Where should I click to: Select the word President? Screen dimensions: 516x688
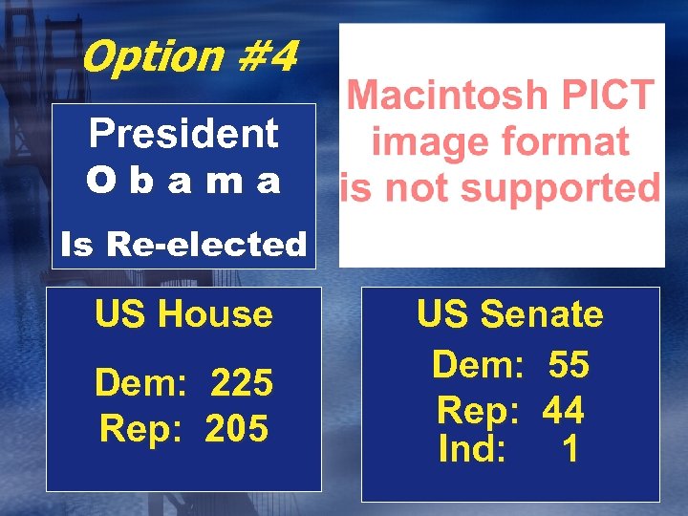[183, 134]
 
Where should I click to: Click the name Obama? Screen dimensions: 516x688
[183, 180]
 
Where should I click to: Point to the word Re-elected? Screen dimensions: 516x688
[206, 245]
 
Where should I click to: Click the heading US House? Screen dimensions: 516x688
[183, 313]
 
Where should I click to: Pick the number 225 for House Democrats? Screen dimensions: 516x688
[241, 383]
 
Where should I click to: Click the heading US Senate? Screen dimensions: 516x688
[509, 313]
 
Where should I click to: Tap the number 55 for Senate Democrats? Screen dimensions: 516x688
[569, 364]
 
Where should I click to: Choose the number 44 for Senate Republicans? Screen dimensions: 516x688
[563, 410]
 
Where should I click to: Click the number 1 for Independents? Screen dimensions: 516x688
[570, 449]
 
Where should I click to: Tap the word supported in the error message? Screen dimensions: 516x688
[555, 188]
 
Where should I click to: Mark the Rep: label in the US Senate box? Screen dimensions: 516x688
[477, 410]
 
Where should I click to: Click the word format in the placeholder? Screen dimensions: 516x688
[568, 142]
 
